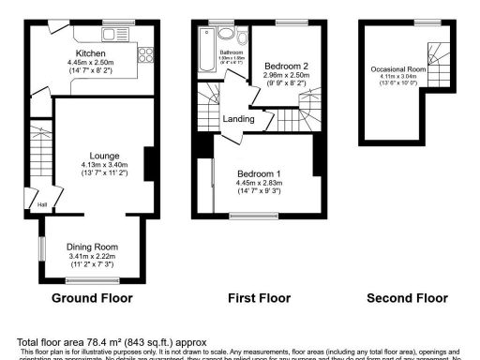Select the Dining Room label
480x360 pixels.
[x=91, y=247]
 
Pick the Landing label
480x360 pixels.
[x=238, y=118]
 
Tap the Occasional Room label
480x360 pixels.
[x=398, y=69]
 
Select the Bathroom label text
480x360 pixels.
[x=231, y=53]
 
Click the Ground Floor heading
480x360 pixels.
[x=90, y=298]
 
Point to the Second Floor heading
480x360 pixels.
[x=408, y=298]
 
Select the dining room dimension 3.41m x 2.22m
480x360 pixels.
[x=91, y=256]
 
